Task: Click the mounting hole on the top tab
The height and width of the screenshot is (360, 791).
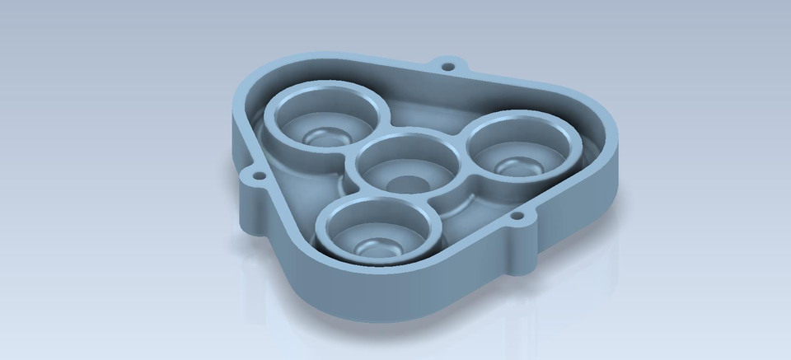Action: (x=447, y=63)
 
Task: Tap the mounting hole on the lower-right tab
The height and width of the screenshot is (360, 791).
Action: (x=517, y=217)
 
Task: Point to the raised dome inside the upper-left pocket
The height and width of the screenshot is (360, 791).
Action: (x=320, y=137)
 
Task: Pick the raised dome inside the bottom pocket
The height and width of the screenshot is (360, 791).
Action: (x=376, y=244)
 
